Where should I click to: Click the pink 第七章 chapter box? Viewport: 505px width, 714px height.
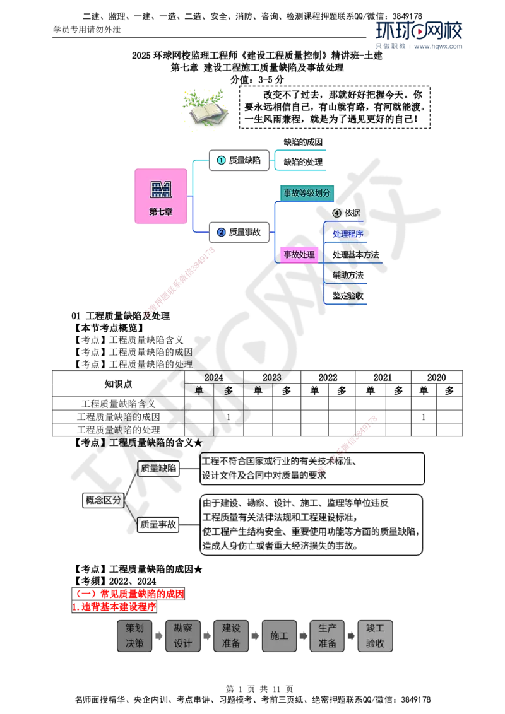[161, 196]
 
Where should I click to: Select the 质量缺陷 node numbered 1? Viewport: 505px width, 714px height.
[239, 160]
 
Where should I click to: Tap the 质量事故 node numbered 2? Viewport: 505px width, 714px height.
[239, 232]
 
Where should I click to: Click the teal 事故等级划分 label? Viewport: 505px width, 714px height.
[307, 193]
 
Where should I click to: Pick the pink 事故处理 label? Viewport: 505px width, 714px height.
[299, 255]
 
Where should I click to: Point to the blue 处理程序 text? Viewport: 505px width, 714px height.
[348, 234]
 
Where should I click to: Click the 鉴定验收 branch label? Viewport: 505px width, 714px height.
[348, 296]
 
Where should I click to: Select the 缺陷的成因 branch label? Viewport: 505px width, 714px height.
[303, 142]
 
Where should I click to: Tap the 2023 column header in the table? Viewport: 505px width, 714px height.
[271, 377]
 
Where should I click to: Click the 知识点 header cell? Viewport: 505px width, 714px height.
[119, 384]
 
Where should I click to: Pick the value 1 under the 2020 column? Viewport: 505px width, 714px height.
[424, 417]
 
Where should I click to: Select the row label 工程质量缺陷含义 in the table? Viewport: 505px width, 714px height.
[119, 404]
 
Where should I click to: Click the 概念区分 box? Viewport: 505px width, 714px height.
[104, 500]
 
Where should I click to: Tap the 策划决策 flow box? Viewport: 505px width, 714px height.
[134, 636]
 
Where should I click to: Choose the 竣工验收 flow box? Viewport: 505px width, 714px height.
[375, 636]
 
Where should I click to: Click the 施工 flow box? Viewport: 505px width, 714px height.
[279, 636]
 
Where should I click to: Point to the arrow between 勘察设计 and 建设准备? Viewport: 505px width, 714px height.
[207, 636]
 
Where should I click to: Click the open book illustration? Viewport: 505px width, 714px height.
[206, 108]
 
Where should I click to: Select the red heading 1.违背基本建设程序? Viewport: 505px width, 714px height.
[114, 607]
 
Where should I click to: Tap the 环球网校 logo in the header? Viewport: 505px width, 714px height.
[419, 31]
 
